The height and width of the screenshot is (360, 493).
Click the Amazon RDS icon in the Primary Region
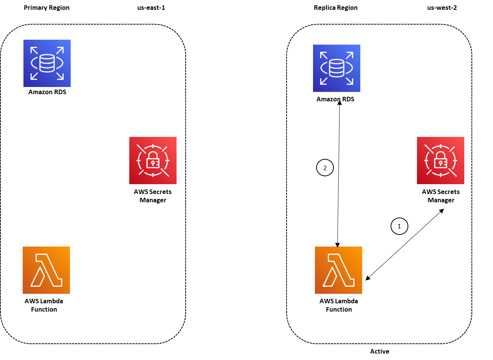click(x=47, y=63)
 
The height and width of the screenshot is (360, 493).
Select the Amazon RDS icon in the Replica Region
click(x=336, y=68)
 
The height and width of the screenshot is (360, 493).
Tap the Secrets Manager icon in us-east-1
click(x=153, y=160)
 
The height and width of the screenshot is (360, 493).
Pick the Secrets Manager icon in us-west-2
click(x=440, y=160)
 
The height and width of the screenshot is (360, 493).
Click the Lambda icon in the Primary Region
click(x=46, y=270)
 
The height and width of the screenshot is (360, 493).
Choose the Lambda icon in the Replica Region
click(x=338, y=270)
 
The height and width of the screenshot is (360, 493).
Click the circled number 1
click(x=399, y=226)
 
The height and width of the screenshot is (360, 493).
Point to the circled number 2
click(x=325, y=168)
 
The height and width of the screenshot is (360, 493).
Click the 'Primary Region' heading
click(x=47, y=8)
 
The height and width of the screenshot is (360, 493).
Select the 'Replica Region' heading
click(x=335, y=8)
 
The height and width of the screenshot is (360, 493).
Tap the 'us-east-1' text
click(x=151, y=8)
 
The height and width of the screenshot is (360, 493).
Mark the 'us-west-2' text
click(x=442, y=8)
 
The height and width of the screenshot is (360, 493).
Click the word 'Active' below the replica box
click(x=379, y=351)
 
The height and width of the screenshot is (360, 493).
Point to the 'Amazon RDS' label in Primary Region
click(x=47, y=92)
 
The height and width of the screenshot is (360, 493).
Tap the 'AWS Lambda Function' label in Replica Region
click(x=338, y=305)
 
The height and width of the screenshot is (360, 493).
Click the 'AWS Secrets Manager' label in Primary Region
click(x=153, y=196)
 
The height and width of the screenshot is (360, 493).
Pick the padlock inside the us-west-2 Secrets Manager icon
click(x=440, y=160)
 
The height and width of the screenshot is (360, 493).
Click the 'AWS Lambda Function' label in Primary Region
click(x=44, y=305)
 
